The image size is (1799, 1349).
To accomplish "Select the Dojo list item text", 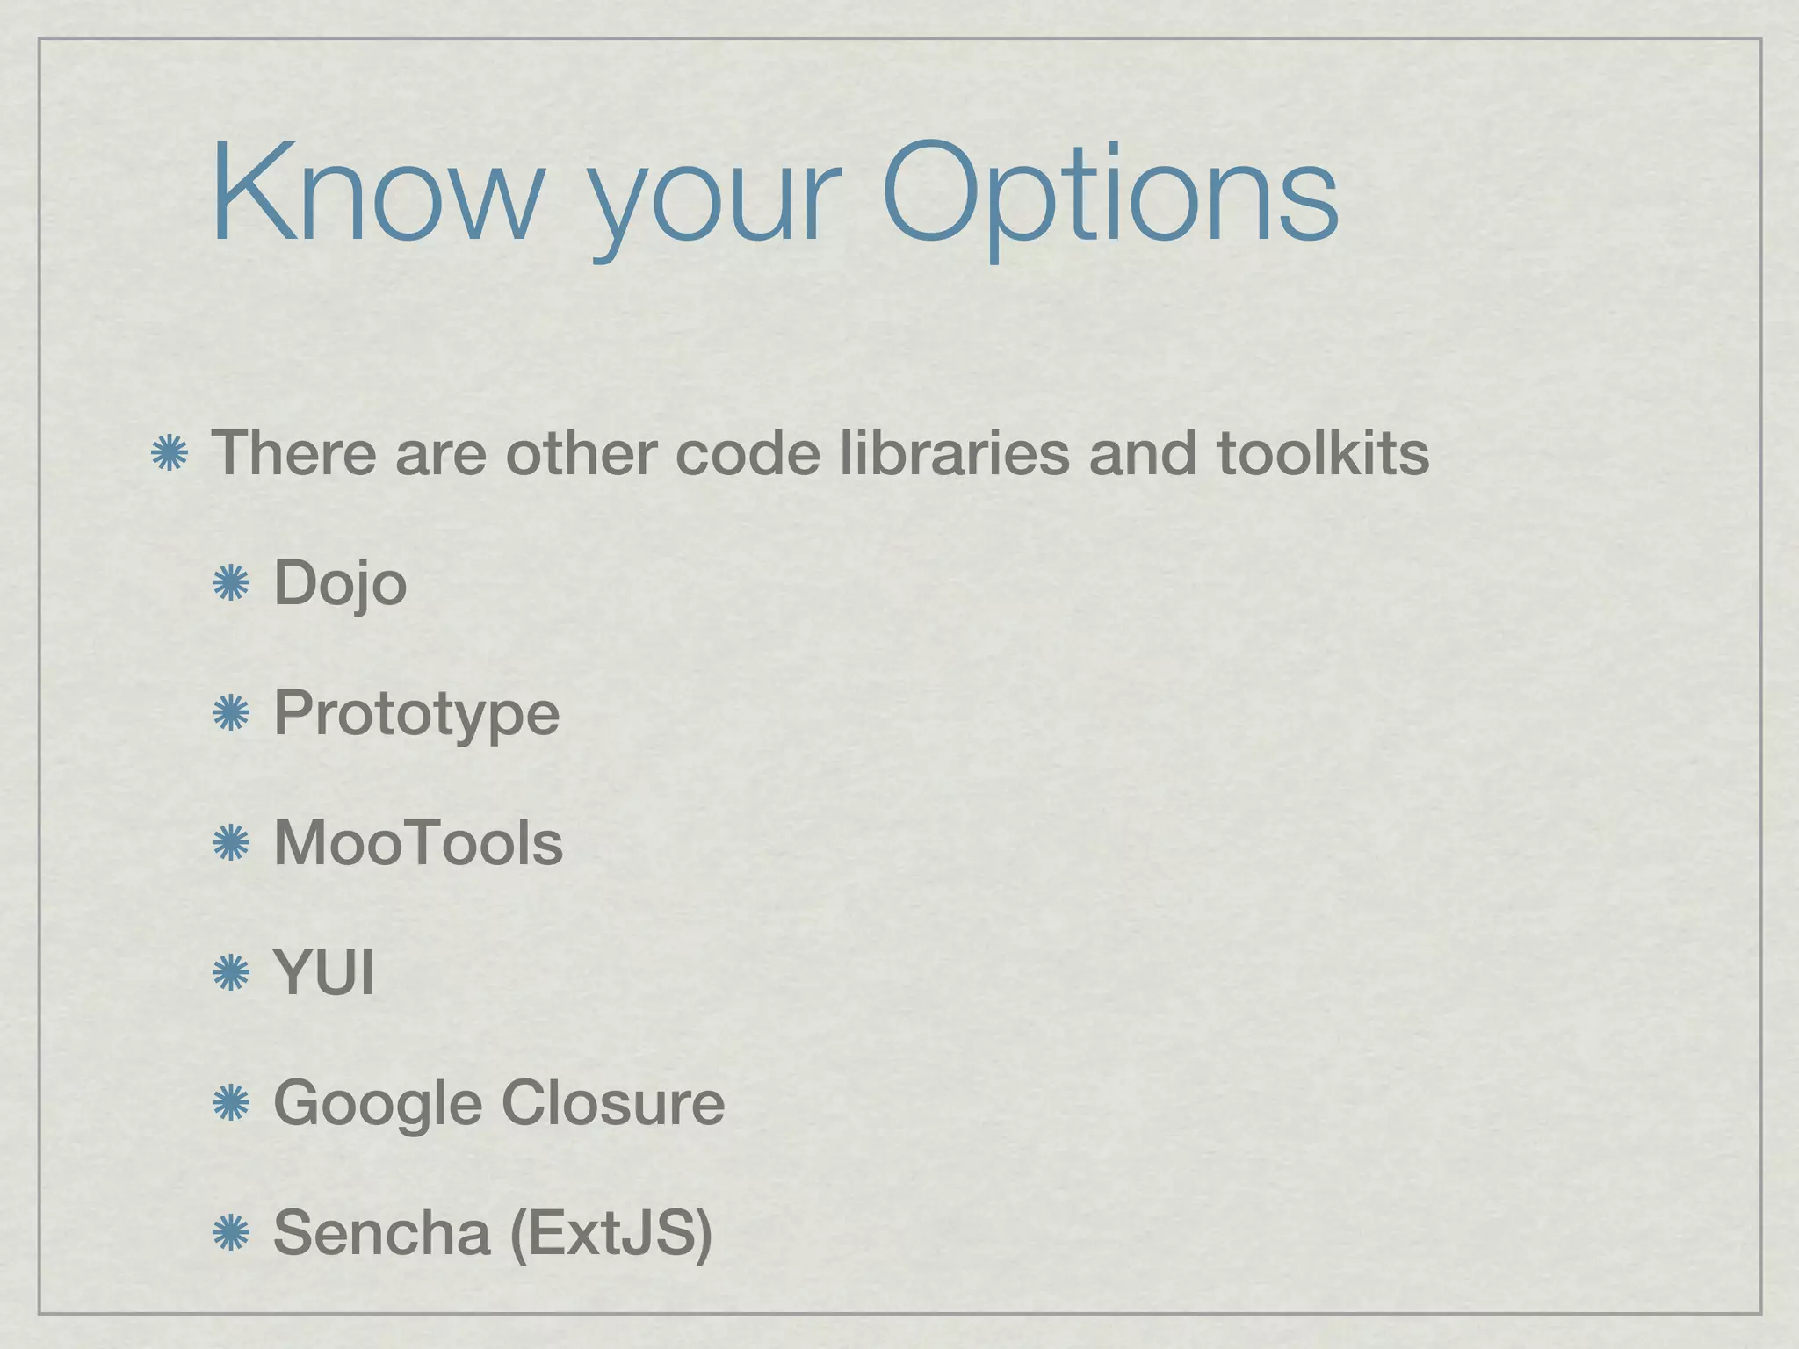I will pos(340,584).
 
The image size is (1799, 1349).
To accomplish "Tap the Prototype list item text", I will pos(416,713).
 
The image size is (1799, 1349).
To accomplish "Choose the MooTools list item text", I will pos(418,842).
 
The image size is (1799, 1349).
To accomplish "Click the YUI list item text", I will pos(324,972).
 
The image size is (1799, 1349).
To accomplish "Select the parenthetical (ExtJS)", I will pos(611,1233).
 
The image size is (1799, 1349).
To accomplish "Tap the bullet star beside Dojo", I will pos(232,584).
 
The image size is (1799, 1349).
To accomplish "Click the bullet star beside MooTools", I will pos(232,843).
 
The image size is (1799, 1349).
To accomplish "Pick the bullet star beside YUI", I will pos(232,973).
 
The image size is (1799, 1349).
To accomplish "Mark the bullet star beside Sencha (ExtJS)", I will pos(232,1232).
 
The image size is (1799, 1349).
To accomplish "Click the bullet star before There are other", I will pos(170,454).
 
